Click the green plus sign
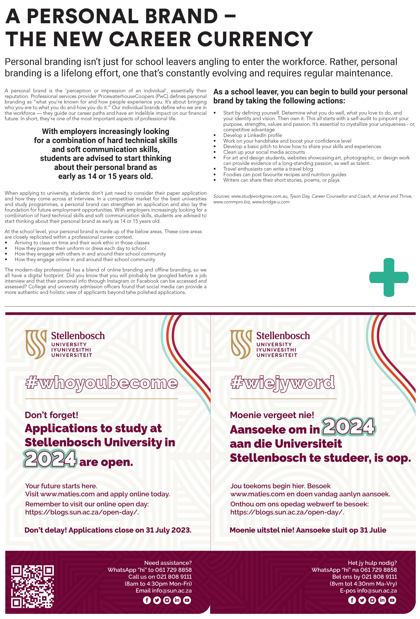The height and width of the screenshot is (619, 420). pyautogui.click(x=389, y=277)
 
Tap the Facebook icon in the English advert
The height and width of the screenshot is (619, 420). pyautogui.click(x=147, y=600)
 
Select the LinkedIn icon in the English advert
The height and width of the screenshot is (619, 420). pyautogui.click(x=177, y=600)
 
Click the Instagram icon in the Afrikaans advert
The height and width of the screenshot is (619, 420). pyautogui.click(x=372, y=600)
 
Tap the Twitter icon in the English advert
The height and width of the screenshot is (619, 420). pyautogui.click(x=157, y=600)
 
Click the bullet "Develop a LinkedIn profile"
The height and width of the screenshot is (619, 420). pyautogui.click(x=252, y=135)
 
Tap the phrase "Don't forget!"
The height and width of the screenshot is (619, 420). pyautogui.click(x=51, y=415)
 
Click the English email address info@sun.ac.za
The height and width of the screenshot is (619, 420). pyautogui.click(x=172, y=591)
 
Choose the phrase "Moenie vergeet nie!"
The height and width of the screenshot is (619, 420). pyautogui.click(x=272, y=415)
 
